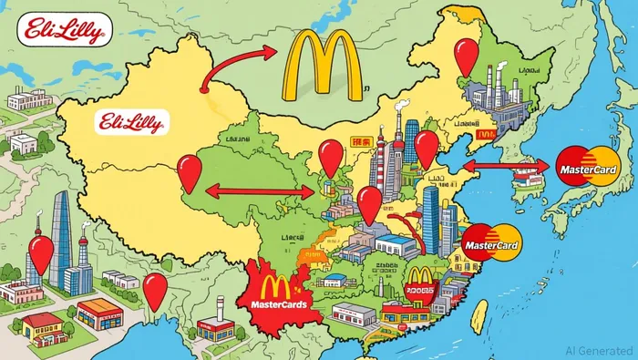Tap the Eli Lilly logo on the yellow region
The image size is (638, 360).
click(127, 123)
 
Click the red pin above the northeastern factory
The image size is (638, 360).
click(466, 56)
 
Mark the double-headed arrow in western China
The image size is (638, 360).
click(259, 192)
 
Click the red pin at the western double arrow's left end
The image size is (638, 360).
click(189, 170)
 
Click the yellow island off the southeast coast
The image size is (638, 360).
click(478, 314)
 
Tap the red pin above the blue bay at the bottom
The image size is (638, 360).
click(156, 289)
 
